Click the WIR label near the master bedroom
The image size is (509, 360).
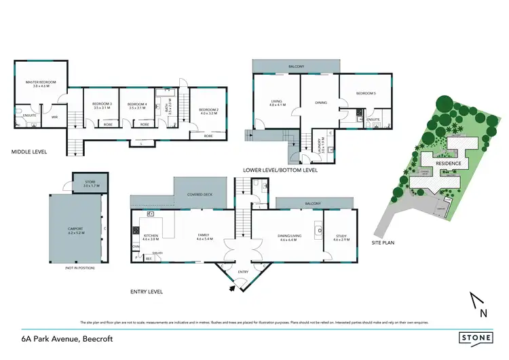tap(55, 118)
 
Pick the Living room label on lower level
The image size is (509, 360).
tap(277, 103)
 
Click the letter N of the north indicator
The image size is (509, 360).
tap(483, 313)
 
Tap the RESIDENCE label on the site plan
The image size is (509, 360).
tap(449, 164)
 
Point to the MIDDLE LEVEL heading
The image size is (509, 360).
tap(30, 151)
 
